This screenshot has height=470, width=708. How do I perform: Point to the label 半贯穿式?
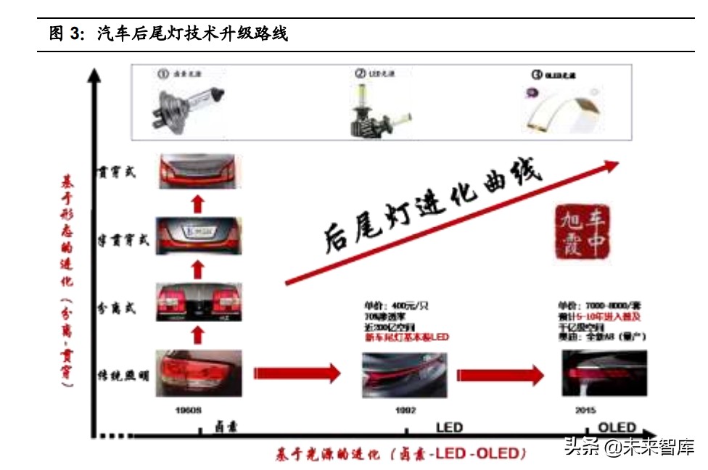click(x=123, y=239)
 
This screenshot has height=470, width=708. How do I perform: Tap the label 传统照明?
click(x=123, y=375)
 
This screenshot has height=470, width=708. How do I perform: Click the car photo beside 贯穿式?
click(x=198, y=171)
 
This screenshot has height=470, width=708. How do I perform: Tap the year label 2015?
click(x=585, y=411)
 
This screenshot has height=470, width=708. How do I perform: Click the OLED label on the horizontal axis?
click(x=617, y=428)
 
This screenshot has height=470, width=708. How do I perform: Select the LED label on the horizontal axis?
click(x=449, y=428)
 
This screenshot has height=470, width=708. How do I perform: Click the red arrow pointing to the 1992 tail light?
click(x=297, y=374)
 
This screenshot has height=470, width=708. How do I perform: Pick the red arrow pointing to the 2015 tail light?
click(x=501, y=375)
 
